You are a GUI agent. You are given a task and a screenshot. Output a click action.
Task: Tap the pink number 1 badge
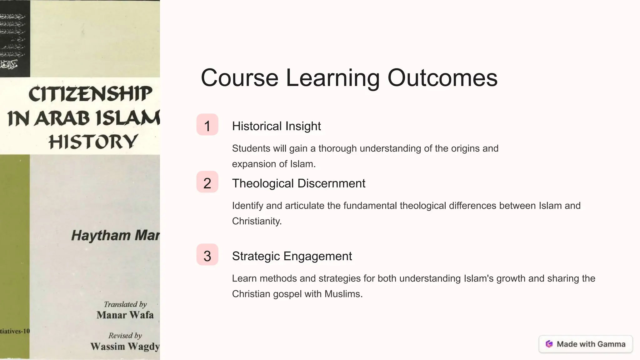pos(207,125)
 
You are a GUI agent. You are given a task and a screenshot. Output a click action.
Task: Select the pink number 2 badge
pos(207,182)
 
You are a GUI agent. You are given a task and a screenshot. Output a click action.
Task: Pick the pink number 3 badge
pos(207,255)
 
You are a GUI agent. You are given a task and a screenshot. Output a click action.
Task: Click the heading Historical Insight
pos(276,126)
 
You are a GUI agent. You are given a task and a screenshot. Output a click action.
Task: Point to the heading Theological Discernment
pos(298,183)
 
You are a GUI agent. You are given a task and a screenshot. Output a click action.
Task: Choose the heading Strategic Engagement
pos(292,256)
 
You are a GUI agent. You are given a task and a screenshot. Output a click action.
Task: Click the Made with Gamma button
pos(586,344)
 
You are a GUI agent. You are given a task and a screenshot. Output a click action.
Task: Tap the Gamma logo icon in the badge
pos(549,344)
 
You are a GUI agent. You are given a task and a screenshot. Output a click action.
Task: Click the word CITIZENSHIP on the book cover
pos(90,94)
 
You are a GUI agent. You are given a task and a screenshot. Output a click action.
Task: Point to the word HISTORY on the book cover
pos(93,142)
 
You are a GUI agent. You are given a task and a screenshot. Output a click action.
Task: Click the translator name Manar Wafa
pos(125,315)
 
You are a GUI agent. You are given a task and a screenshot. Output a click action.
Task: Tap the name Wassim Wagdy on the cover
pos(125,346)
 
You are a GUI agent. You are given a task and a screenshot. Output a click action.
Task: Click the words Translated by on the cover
pos(125,304)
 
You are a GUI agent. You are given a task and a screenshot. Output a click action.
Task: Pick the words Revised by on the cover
pos(125,336)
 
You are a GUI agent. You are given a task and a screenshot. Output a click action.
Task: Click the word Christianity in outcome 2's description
pos(256,221)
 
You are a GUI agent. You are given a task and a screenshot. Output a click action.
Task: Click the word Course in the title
pos(239,78)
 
